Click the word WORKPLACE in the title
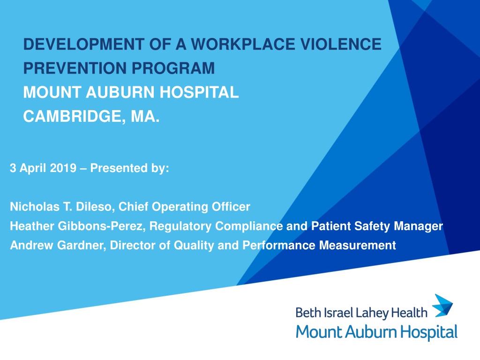tap(243, 44)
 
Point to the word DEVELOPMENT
tap(84, 44)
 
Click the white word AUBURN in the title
tap(120, 92)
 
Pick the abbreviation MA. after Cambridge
tap(145, 116)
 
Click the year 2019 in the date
tap(63, 168)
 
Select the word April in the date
tap(33, 168)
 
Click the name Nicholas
tap(35, 207)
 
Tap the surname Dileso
tap(95, 207)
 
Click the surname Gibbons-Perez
tap(101, 226)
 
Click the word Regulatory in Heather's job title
tap(180, 226)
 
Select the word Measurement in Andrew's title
tap(358, 245)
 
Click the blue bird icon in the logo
tap(442, 306)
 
